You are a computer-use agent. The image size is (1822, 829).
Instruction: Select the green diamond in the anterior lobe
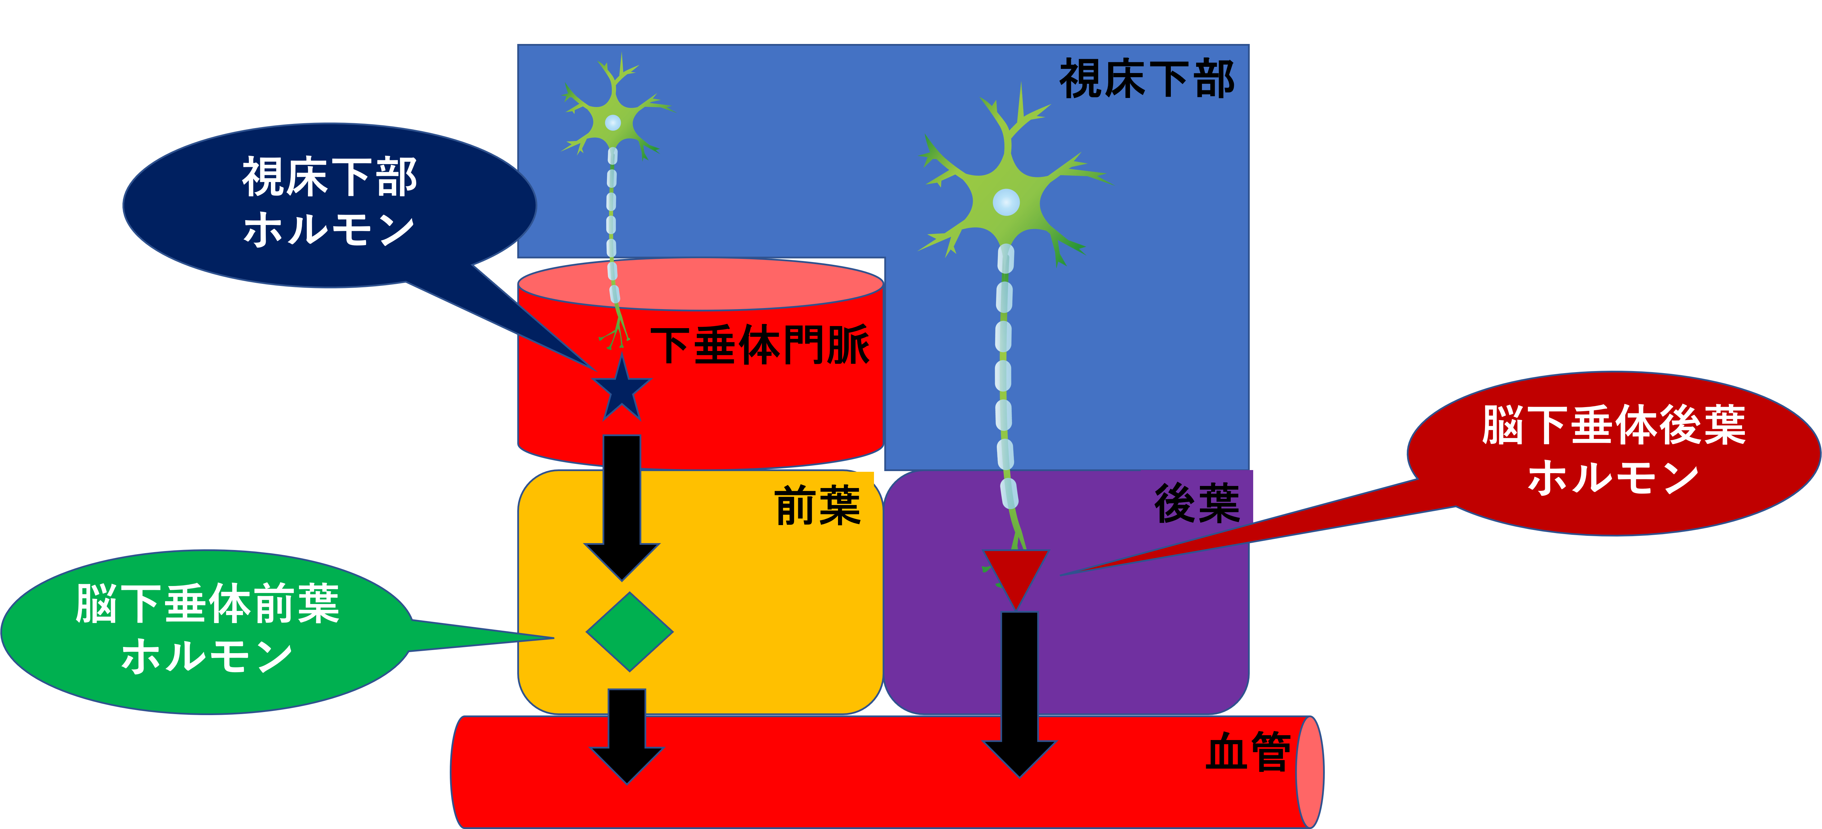coord(629,632)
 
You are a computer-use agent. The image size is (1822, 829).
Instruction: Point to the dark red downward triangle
coord(1015,574)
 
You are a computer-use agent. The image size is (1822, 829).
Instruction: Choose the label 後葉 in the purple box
coord(1197,504)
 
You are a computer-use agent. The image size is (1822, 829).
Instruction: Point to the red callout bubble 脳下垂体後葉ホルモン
coord(1614,453)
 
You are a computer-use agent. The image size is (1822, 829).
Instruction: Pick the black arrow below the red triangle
coord(1019,693)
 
